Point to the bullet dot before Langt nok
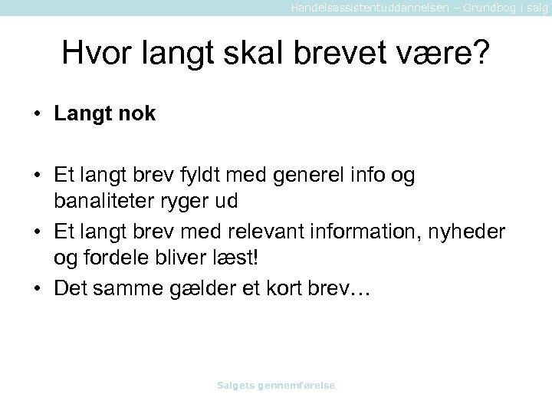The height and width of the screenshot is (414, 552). click(37, 115)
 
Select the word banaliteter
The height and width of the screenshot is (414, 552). click(112, 202)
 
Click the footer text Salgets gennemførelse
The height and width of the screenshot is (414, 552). click(276, 386)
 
